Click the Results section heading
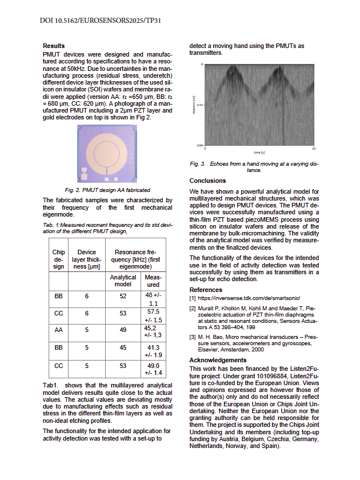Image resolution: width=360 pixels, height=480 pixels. tap(54, 46)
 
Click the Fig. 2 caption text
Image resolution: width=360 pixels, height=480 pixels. tap(107, 190)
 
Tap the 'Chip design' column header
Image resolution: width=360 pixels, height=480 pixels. tap(59, 259)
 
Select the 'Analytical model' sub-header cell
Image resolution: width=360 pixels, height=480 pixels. tap(123, 281)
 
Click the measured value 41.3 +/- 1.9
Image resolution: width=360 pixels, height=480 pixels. tap(153, 351)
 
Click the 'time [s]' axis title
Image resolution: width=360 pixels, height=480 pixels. tap(258, 153)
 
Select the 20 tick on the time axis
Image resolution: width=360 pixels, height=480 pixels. tap(314, 149)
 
